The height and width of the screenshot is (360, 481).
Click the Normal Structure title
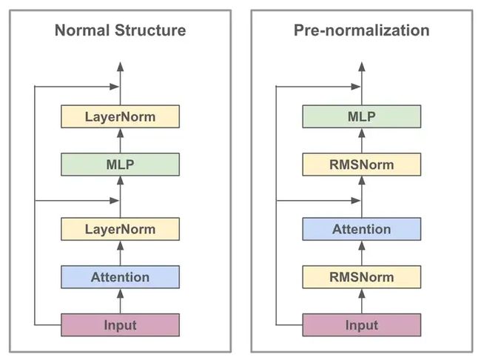[120, 30]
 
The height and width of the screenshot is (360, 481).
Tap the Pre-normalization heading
[362, 30]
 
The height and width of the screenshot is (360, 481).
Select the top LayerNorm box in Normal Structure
[120, 117]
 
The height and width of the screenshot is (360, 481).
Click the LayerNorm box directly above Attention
[120, 229]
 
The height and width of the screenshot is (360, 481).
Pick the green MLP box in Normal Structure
[120, 164]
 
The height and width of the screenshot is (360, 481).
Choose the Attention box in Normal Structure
[120, 277]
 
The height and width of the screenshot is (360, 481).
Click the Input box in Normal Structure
[120, 325]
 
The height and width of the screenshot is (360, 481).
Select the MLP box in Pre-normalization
[362, 117]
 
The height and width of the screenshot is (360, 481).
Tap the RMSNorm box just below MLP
[362, 164]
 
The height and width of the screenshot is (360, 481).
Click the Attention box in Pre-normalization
[362, 229]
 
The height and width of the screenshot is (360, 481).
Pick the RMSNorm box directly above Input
[362, 277]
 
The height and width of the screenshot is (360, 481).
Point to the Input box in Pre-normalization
[362, 325]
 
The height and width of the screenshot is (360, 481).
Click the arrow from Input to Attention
[120, 301]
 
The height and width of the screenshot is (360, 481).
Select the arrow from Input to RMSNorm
[362, 301]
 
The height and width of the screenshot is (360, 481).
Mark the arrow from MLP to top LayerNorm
[120, 141]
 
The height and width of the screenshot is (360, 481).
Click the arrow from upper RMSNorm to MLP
[362, 141]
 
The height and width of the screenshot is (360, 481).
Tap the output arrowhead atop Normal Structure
[120, 67]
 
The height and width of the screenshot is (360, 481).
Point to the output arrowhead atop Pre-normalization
[362, 67]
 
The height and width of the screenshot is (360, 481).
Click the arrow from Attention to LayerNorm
[120, 253]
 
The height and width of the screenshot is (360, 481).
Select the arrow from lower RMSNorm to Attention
[362, 253]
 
